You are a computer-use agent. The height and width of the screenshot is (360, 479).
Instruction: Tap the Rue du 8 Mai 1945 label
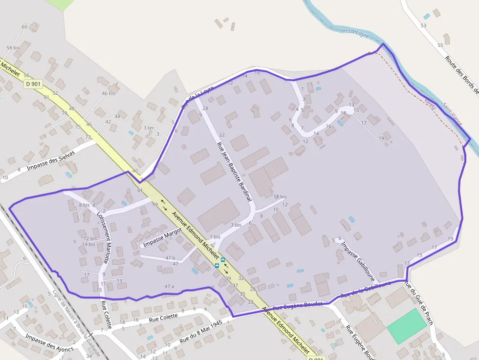[201, 331]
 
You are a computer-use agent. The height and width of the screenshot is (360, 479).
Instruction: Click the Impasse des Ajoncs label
[49, 342]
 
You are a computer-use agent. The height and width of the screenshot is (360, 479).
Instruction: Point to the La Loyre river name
[359, 33]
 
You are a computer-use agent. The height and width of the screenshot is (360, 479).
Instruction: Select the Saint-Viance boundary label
[452, 114]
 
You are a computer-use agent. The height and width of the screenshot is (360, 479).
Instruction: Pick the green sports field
[406, 326]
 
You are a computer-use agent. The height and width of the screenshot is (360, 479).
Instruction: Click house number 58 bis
[13, 47]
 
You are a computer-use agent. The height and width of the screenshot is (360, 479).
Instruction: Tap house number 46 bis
[109, 93]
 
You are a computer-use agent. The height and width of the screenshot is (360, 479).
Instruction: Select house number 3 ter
[149, 127]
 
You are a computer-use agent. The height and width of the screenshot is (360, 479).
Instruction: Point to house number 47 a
[169, 286]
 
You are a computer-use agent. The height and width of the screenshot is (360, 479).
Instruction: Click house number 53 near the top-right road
[423, 25]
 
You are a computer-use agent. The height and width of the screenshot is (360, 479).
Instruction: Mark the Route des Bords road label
[461, 73]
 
